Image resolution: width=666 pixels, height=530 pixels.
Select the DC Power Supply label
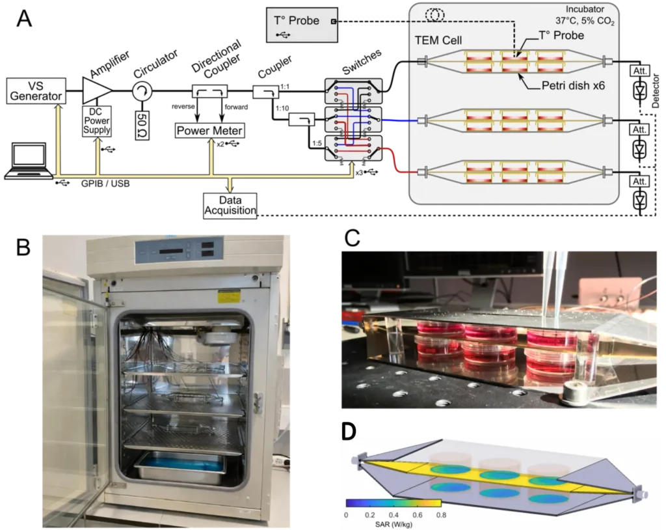click(97, 120)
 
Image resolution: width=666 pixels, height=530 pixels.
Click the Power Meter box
click(209, 131)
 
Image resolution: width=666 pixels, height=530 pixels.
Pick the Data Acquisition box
click(230, 204)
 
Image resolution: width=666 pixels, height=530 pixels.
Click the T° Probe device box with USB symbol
click(302, 25)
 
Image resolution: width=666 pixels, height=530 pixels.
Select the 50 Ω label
click(140, 124)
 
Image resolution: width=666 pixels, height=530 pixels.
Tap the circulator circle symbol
click(140, 92)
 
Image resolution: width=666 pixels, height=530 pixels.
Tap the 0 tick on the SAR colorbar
click(347, 514)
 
